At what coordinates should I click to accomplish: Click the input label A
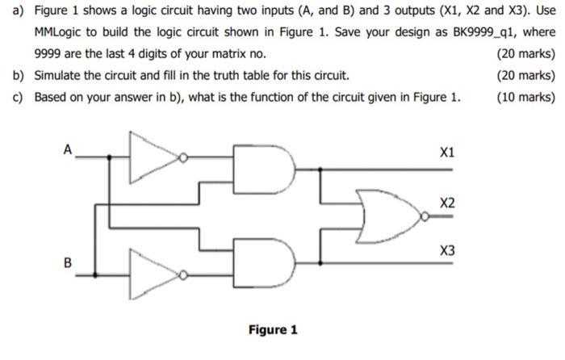pos(69,149)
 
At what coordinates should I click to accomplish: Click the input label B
pos(68,262)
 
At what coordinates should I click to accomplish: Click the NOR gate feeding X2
pos(391,214)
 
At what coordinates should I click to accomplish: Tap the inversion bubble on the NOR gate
pos(425,214)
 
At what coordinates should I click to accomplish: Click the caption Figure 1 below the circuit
pos(273,330)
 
